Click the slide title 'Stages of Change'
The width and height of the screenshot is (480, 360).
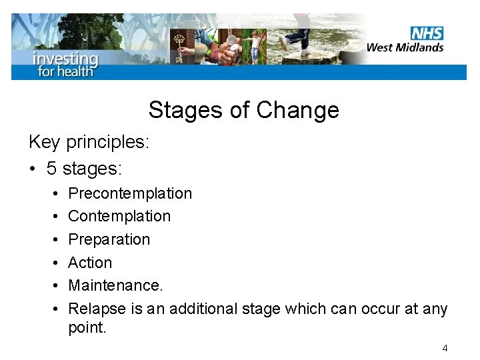coord(243,110)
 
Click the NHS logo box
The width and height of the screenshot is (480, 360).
coord(427,33)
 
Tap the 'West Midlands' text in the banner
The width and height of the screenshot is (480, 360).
coord(405,47)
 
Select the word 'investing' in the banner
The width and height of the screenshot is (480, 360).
coord(66,58)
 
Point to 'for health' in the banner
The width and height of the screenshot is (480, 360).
coord(65,71)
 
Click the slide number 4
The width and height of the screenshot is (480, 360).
coord(445,348)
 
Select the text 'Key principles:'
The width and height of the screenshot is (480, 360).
coord(89,142)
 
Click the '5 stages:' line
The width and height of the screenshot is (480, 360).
coord(84,168)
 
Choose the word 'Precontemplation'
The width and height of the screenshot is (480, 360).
coord(130,193)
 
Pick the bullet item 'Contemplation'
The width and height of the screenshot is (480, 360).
coord(119,216)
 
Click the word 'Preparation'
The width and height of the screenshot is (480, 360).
coord(109,239)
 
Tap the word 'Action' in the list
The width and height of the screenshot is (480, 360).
coord(90,263)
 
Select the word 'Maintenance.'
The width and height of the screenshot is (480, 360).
coord(115,285)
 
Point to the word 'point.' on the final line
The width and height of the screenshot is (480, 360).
coord(87,328)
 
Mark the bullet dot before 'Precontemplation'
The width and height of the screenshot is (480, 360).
coord(53,194)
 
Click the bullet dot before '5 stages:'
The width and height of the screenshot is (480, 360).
coord(33,169)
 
